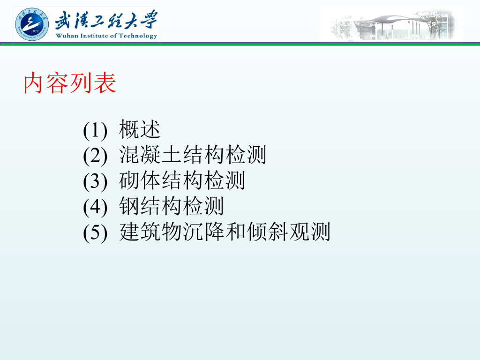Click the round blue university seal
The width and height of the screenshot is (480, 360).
pos(32,24)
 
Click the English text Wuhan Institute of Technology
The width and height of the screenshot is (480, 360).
pos(106,36)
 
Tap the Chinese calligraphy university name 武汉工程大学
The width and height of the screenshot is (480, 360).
pos(106,20)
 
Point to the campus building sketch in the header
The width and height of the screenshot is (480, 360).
pos(391,24)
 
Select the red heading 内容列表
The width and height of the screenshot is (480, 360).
pos(70,83)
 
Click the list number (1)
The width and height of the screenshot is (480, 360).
pos(95,130)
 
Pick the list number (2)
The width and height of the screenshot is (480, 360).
pos(95,156)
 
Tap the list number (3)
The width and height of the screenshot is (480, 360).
pos(95,181)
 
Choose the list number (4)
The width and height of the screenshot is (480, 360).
pos(95,207)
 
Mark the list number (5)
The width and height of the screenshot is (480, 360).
pos(95,232)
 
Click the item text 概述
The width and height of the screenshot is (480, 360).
pos(140,129)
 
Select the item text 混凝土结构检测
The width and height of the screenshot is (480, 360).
pos(193,155)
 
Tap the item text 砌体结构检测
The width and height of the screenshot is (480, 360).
pos(182,180)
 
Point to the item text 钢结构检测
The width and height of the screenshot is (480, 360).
pos(172,206)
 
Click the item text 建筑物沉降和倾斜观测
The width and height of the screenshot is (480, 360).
pos(225,232)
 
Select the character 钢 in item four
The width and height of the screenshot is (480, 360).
pos(129,206)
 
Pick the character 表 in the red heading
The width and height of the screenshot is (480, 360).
pos(105,83)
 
